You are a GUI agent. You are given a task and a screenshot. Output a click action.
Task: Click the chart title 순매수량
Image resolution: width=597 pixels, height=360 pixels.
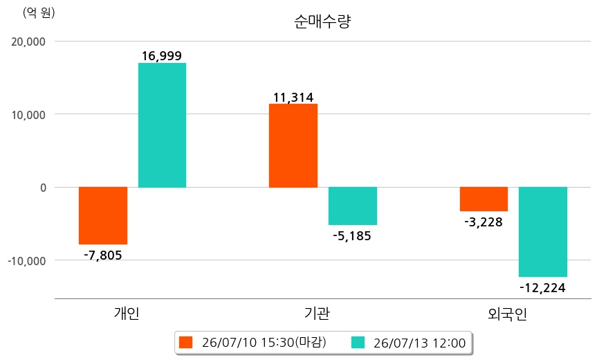[322, 21]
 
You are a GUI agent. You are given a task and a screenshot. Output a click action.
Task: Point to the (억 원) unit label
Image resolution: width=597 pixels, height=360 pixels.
[39, 13]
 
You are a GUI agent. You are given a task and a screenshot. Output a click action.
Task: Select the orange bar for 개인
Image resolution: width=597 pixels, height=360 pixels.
[103, 215]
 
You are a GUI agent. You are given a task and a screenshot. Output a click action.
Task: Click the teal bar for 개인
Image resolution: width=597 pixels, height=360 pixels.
[162, 125]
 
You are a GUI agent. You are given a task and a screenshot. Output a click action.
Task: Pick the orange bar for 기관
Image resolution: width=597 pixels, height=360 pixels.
[293, 145]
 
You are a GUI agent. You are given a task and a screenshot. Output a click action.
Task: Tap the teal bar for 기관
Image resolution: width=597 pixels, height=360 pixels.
[353, 206]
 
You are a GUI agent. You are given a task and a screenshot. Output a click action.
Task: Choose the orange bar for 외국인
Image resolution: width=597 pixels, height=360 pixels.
[484, 199]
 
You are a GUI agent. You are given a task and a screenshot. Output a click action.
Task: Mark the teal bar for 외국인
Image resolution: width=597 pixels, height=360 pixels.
[543, 232]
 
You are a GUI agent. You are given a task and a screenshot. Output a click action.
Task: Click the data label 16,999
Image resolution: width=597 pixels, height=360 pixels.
[162, 56]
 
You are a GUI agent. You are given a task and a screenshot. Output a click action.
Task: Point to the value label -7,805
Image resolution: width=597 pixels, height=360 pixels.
[103, 255]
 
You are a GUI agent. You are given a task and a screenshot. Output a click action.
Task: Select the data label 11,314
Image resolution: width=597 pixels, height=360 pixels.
[293, 98]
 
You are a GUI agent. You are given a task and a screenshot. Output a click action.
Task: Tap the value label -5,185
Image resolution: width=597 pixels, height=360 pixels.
[352, 236]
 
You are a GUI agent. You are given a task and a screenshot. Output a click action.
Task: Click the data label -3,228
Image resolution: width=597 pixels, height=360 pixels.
[484, 222]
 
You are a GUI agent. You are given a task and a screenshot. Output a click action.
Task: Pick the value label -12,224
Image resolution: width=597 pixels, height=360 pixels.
[542, 288]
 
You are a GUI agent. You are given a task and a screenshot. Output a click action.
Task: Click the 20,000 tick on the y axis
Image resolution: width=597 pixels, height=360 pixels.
[28, 42]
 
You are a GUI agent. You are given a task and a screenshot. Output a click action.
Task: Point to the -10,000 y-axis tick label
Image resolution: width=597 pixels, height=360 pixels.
[27, 261]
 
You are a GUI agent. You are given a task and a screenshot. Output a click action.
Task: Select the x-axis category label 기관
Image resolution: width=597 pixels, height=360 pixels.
[317, 313]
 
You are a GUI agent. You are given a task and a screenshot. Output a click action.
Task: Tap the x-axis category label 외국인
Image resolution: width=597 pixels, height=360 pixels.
[508, 314]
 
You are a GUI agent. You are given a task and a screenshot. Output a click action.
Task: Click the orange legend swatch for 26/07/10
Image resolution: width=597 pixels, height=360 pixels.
[186, 343]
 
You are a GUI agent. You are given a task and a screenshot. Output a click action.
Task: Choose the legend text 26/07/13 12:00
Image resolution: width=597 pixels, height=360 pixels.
[420, 343]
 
